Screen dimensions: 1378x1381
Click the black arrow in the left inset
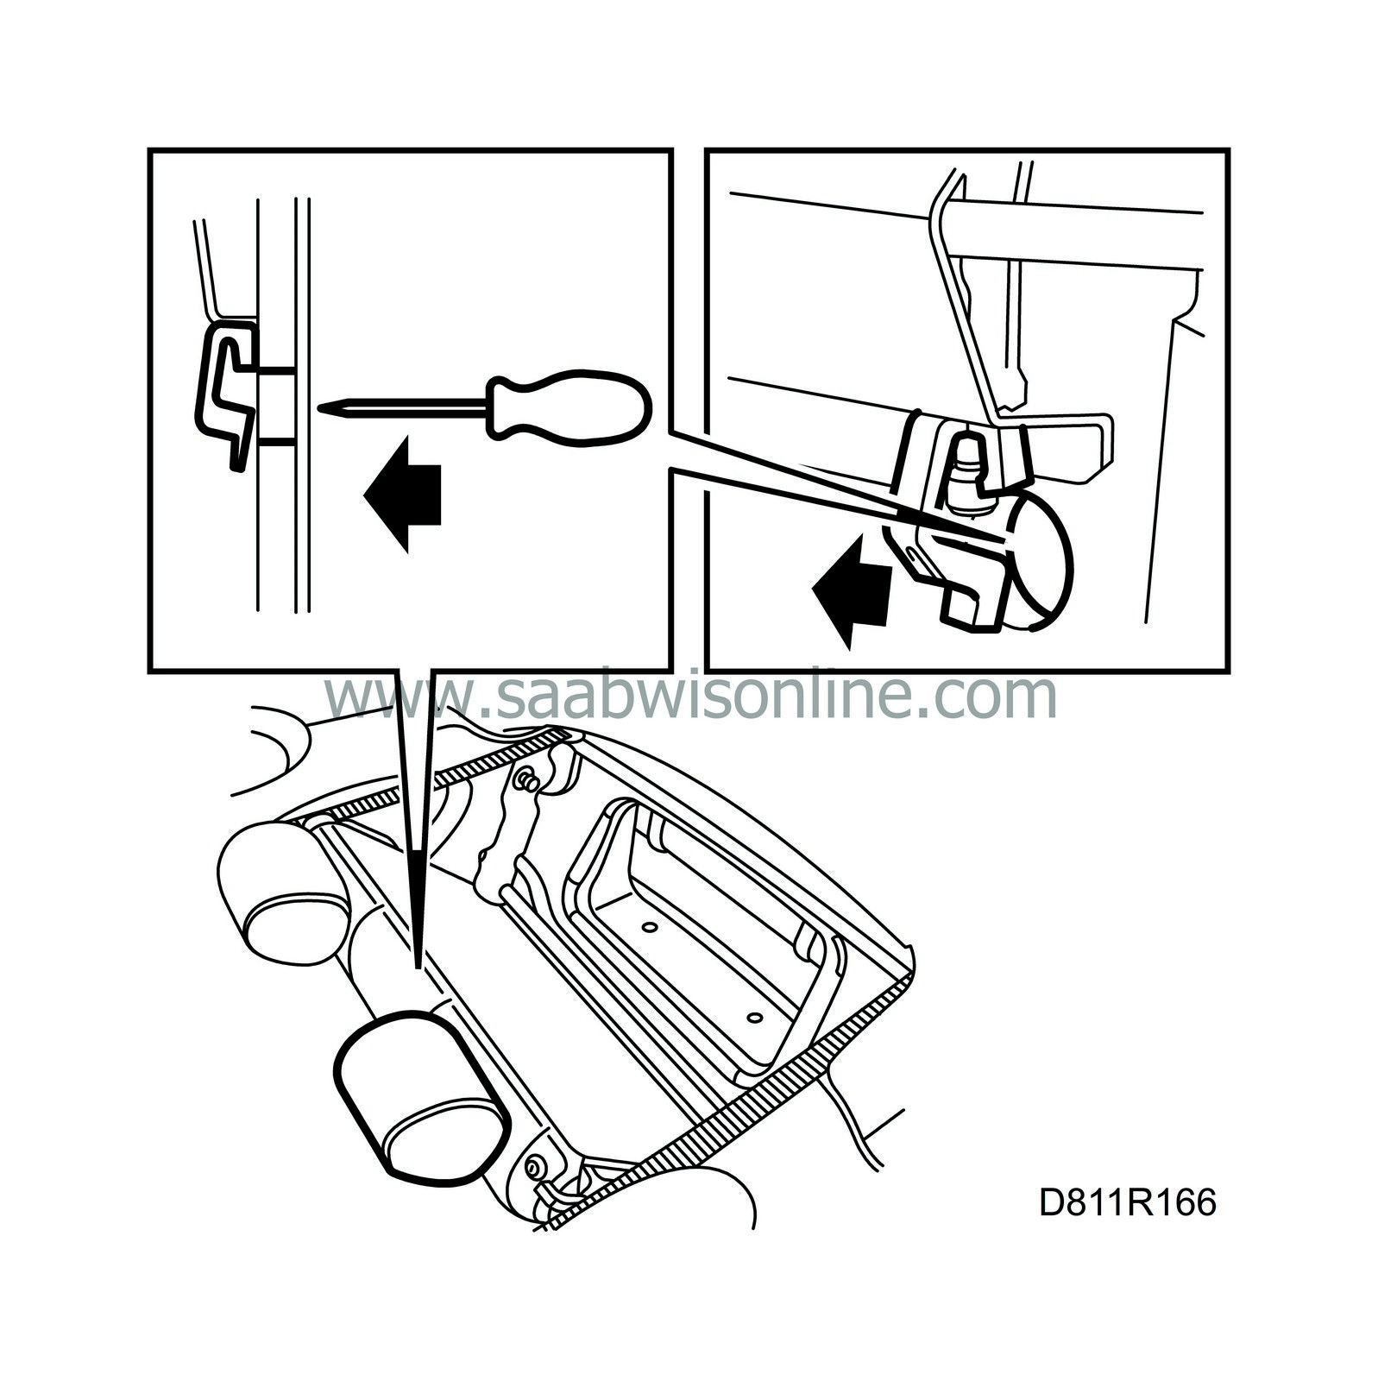pyautogui.click(x=403, y=494)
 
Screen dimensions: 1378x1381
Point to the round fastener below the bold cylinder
pyautogui.click(x=534, y=1166)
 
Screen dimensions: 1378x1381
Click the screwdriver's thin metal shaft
pyautogui.click(x=405, y=404)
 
